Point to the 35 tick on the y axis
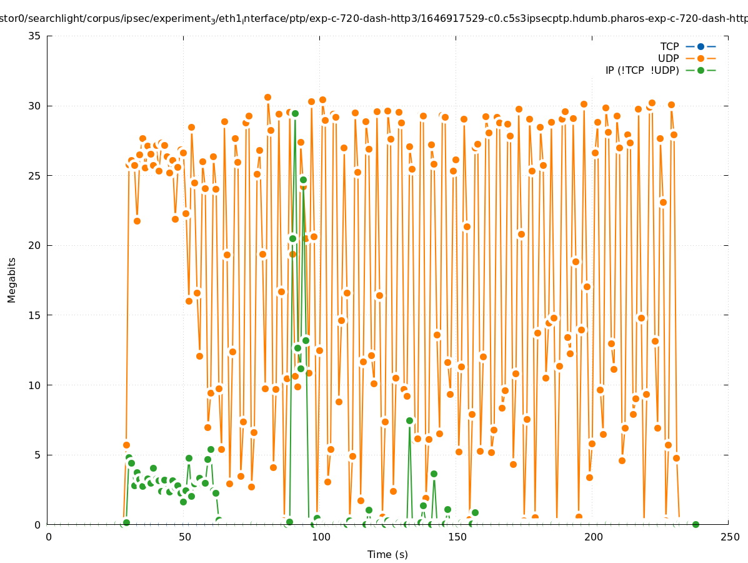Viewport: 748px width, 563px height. pyautogui.click(x=35, y=36)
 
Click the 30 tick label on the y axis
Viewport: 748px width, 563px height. pyautogui.click(x=35, y=106)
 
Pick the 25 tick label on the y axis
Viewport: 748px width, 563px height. pyautogui.click(x=35, y=176)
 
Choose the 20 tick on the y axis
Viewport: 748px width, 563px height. pyautogui.click(x=35, y=245)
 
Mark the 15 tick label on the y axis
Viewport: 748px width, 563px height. pyautogui.click(x=35, y=315)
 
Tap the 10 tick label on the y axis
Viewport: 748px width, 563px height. pyautogui.click(x=35, y=385)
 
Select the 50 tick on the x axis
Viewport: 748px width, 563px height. pyautogui.click(x=184, y=537)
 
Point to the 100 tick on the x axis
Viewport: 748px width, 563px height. pyautogui.click(x=321, y=537)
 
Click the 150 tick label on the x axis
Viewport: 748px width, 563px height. pyautogui.click(x=457, y=537)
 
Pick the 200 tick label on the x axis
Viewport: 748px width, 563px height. pyautogui.click(x=593, y=537)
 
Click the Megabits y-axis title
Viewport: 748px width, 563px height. pyautogui.click(x=12, y=280)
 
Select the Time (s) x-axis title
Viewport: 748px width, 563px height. pyautogui.click(x=387, y=554)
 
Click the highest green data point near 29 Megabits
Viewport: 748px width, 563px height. pyautogui.click(x=295, y=113)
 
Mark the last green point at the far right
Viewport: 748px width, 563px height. pyautogui.click(x=696, y=524)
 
